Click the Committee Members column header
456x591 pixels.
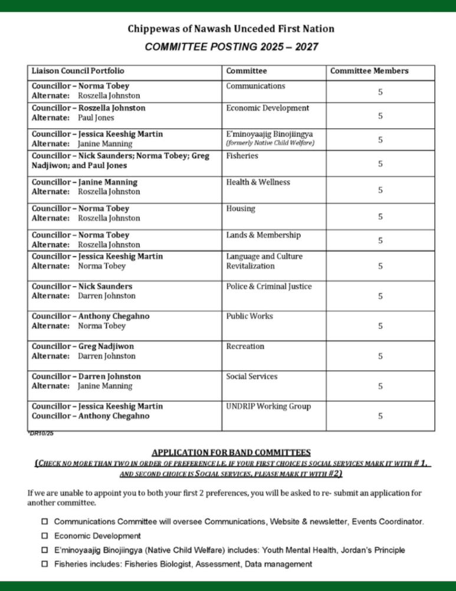(369, 71)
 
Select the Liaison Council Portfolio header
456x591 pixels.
(78, 71)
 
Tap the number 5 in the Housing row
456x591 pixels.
(380, 217)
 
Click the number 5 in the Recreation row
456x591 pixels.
(380, 356)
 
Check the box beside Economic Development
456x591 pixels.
(45, 536)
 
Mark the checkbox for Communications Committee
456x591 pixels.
(45, 522)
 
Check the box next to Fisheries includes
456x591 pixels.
(45, 564)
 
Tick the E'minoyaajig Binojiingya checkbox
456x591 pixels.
(45, 550)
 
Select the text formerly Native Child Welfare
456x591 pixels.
(270, 143)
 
